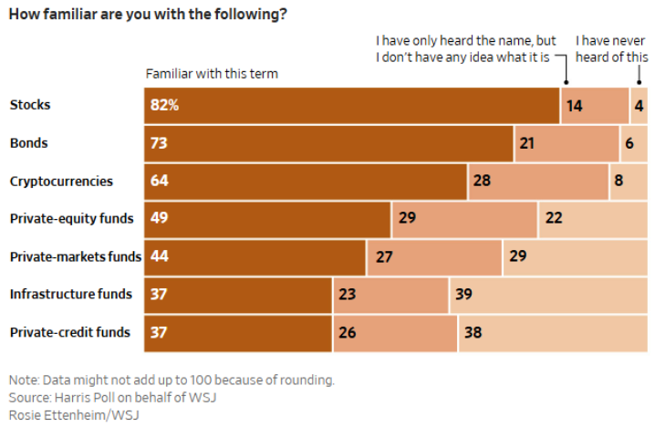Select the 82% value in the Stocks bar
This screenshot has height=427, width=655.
165,105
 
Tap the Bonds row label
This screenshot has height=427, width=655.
28,143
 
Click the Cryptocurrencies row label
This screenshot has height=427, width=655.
61,181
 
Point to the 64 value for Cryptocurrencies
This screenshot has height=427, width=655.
159,181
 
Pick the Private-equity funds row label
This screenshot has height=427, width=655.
71,219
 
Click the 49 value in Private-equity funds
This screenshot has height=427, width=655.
159,219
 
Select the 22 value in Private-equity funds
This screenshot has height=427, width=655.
553,219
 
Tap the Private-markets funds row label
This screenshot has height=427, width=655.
75,256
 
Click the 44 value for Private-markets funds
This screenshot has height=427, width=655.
159,256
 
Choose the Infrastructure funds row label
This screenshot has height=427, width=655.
71,294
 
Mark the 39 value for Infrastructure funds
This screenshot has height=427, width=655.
463,295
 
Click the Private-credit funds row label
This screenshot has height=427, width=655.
70,332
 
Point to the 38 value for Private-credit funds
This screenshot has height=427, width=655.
474,332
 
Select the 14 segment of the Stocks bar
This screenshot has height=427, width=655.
594,105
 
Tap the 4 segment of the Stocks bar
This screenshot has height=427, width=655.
639,105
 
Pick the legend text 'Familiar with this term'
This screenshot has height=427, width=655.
212,73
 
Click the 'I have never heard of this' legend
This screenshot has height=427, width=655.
611,48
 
